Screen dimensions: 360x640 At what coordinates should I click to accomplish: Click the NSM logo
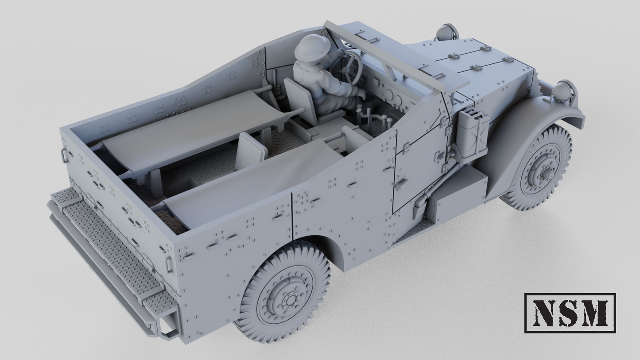570,313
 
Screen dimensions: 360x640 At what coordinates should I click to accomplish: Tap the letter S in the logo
569,313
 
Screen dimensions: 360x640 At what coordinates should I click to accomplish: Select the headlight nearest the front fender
562,91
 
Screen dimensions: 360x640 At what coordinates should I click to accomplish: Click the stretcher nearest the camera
248,182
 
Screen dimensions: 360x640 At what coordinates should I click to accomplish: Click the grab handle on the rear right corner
169,264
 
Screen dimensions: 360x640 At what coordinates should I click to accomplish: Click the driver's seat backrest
299,100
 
